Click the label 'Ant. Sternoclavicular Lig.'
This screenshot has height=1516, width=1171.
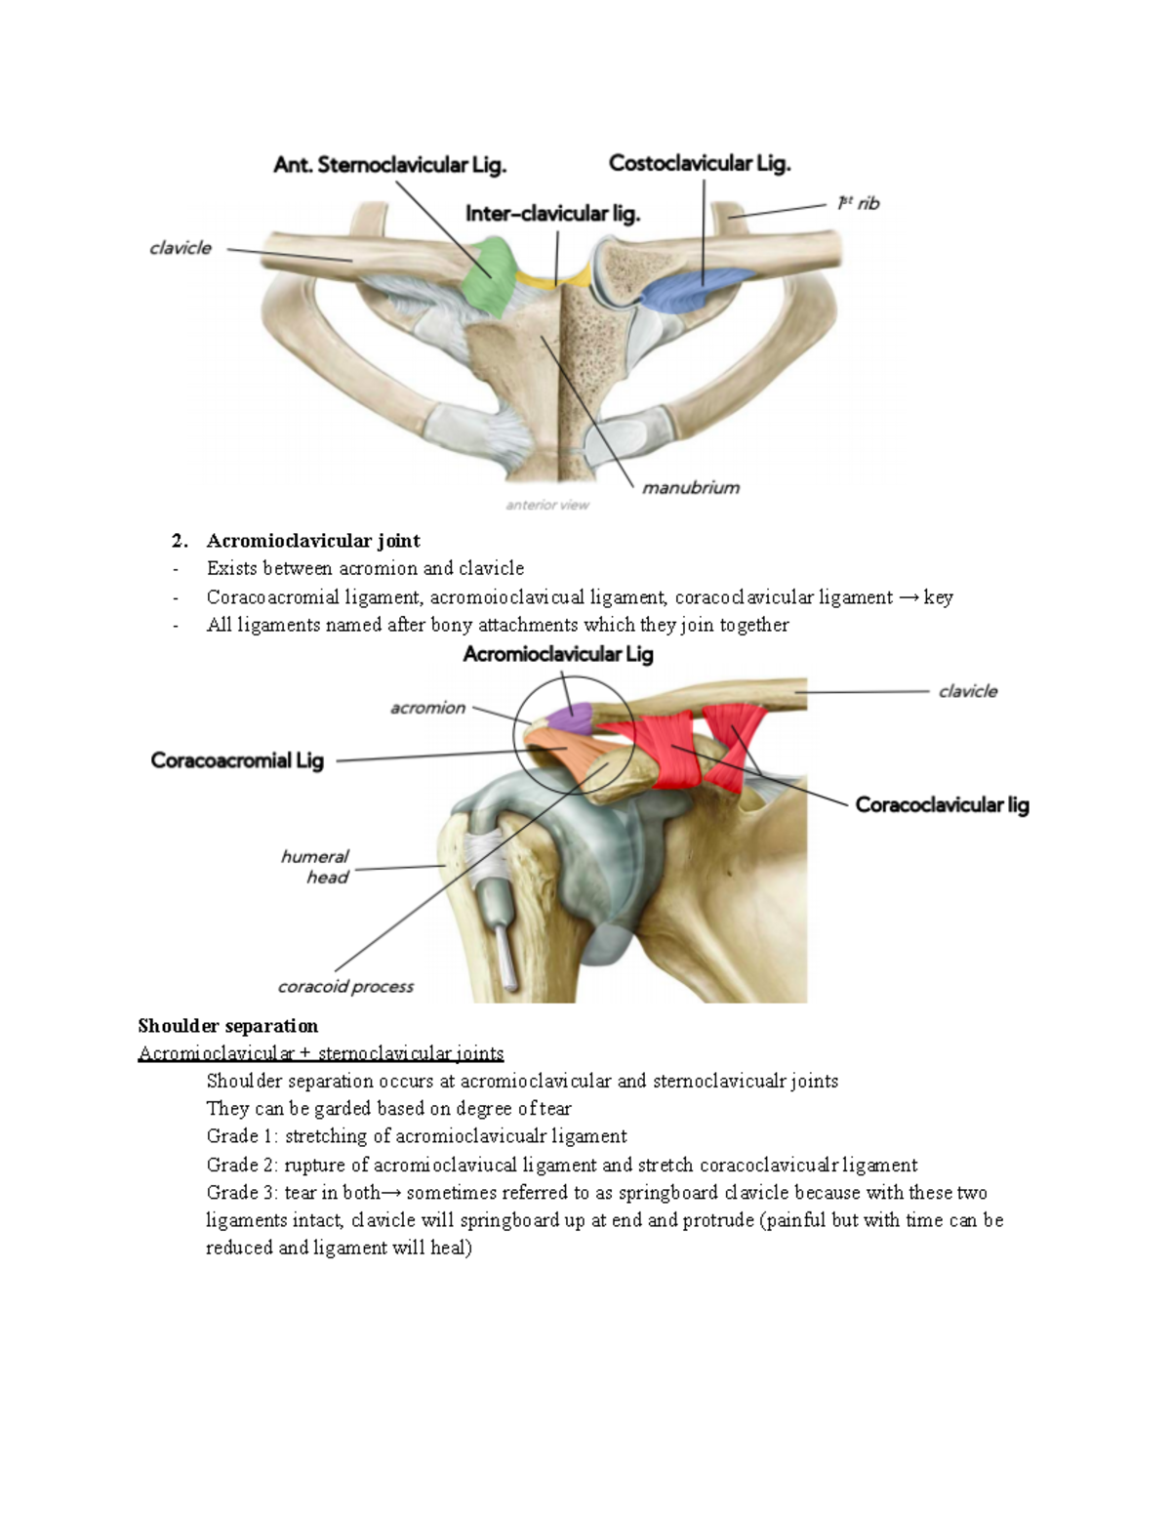pos(389,165)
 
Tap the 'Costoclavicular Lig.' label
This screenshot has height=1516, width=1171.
pos(700,163)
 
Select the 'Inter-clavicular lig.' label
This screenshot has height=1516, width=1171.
pos(552,214)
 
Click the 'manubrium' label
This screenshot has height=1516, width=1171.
pos(691,487)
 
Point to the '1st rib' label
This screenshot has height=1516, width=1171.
pos(858,203)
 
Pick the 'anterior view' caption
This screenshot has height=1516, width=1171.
pos(547,505)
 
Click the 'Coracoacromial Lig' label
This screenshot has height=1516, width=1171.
pos(237,760)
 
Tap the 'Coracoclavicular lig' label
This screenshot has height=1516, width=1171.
pos(942,805)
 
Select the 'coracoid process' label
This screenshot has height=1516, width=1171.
pos(345,987)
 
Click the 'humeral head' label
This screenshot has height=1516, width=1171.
pos(316,867)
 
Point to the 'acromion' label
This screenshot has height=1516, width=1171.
pos(427,708)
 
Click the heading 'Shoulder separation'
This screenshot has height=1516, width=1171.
pos(228,1026)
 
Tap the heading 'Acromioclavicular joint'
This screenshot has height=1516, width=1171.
pos(313,541)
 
